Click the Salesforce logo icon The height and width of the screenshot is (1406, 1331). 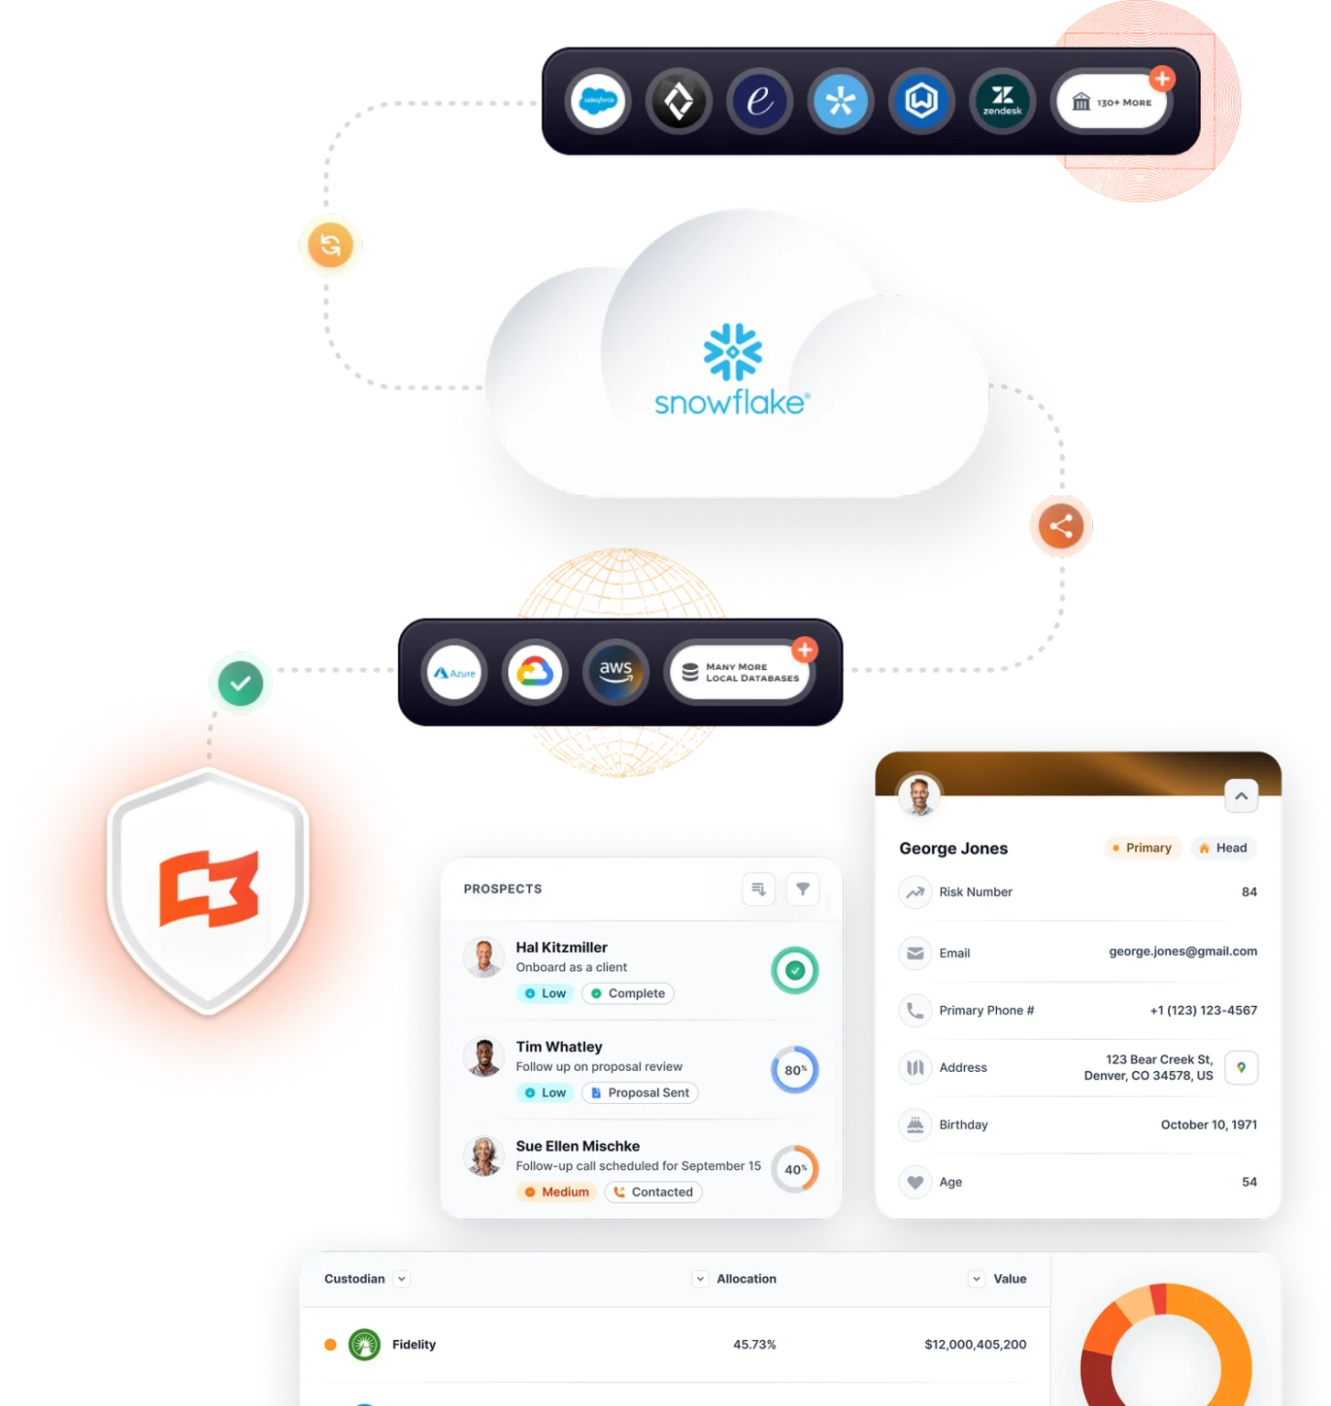599,101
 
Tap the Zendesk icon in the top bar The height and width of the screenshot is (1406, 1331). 1002,101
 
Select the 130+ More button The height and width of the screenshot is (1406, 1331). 1112,102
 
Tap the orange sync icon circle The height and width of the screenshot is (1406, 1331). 330,245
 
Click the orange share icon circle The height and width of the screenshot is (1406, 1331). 1061,526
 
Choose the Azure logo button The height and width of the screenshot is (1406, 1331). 455,673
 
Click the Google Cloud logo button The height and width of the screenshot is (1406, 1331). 535,673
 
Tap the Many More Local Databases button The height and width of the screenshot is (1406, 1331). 741,673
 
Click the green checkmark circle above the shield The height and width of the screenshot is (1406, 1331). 241,684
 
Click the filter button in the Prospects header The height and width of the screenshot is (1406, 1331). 803,889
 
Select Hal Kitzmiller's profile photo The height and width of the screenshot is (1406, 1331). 483,957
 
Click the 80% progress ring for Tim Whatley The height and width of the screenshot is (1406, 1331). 795,1069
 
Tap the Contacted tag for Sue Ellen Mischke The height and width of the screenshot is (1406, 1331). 654,1192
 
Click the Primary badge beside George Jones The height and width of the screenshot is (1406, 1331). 1142,848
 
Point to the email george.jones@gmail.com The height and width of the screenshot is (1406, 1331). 1183,952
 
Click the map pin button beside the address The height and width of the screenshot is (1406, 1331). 1241,1067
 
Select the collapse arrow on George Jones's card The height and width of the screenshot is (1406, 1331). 1241,796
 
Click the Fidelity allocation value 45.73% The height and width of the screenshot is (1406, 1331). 754,1345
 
